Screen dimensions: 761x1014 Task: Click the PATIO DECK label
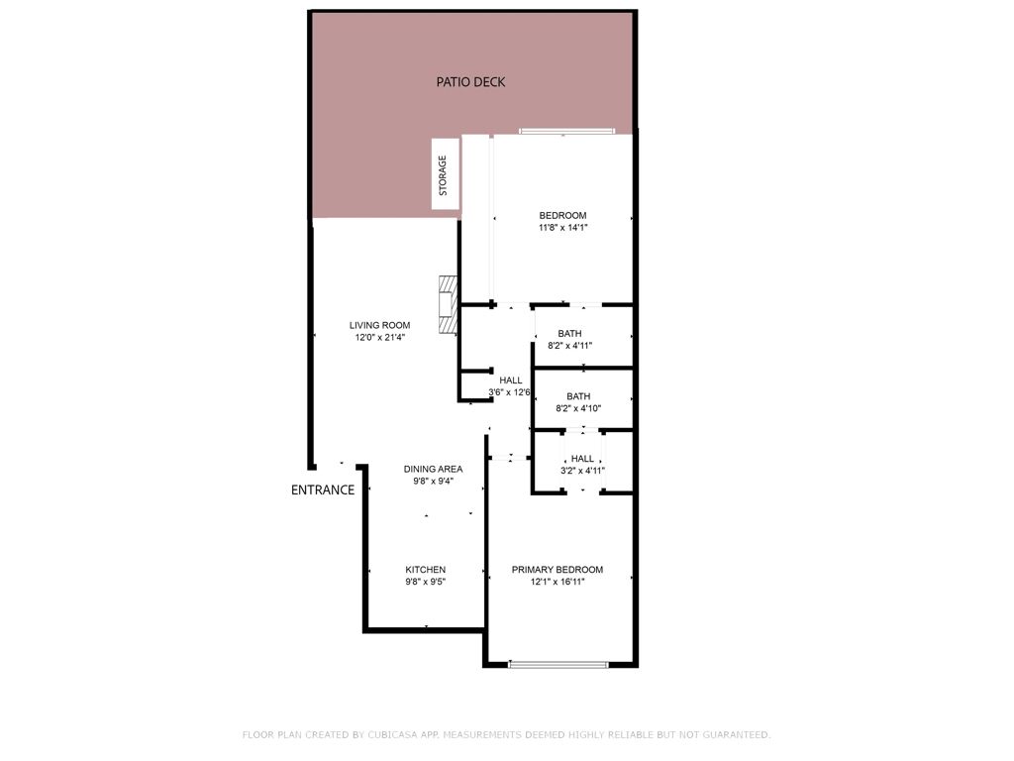470,81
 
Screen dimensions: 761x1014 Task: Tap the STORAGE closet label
443,175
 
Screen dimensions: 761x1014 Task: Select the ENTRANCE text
323,489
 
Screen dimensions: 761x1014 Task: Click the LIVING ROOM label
379,325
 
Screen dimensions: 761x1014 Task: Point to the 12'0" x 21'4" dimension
380,338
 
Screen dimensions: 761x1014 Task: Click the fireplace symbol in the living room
449,304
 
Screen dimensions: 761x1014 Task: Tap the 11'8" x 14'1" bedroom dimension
562,228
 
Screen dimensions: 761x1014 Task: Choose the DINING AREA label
433,469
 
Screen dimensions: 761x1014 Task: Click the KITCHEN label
425,570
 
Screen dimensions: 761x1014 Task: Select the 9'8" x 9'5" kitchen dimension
426,583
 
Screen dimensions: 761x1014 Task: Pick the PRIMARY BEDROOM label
557,570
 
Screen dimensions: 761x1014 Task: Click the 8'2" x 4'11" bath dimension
569,346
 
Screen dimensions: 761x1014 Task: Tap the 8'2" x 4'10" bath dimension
578,408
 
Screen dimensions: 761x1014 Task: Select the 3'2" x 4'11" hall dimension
582,471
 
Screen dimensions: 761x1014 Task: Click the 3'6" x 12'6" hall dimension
510,392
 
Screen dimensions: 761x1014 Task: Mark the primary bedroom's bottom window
558,664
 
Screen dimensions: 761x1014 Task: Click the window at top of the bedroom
567,131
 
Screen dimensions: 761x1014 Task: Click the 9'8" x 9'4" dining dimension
433,482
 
